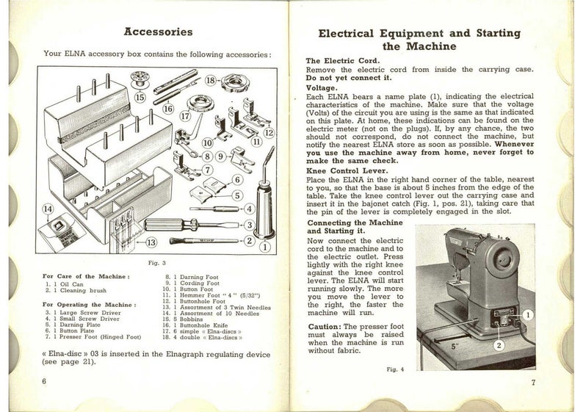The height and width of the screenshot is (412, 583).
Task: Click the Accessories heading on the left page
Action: (159, 32)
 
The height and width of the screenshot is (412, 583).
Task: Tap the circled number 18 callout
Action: (210, 81)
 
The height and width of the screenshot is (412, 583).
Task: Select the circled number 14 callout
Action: (49, 209)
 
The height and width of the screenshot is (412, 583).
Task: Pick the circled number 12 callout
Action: (269, 132)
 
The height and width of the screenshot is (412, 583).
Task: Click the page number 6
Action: (45, 382)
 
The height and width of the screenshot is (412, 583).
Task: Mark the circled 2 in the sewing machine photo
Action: (499, 344)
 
